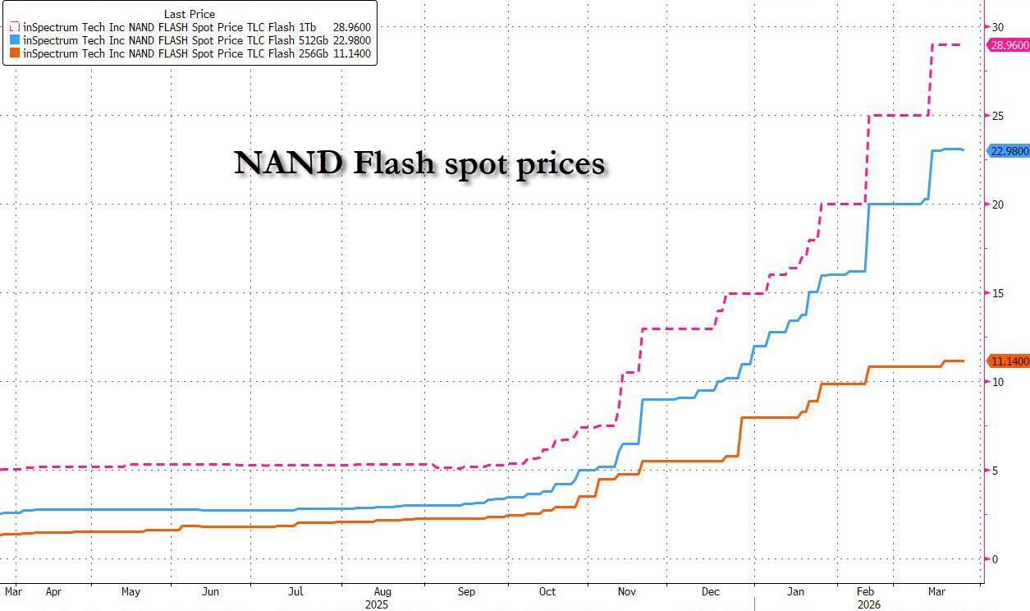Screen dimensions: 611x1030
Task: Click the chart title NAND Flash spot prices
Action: tap(419, 163)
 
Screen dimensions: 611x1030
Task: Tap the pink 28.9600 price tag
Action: tap(1009, 45)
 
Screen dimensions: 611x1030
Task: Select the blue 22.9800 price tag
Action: tap(1009, 150)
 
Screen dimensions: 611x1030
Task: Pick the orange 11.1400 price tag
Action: tap(1009, 361)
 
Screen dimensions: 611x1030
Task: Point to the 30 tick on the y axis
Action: tap(998, 27)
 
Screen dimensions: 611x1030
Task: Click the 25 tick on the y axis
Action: tap(998, 116)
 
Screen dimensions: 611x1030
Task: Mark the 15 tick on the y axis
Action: tap(998, 293)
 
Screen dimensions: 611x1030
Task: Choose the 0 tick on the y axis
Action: tap(995, 559)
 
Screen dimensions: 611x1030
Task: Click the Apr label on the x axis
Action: tap(53, 591)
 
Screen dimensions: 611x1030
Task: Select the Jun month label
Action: tap(210, 591)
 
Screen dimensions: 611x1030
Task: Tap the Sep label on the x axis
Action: tap(466, 591)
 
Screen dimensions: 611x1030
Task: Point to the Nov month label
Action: tap(627, 591)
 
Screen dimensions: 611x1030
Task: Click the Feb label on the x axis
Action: tap(865, 591)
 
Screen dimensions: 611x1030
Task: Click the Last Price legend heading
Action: tap(189, 12)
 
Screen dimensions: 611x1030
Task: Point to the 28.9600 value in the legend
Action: tap(353, 25)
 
